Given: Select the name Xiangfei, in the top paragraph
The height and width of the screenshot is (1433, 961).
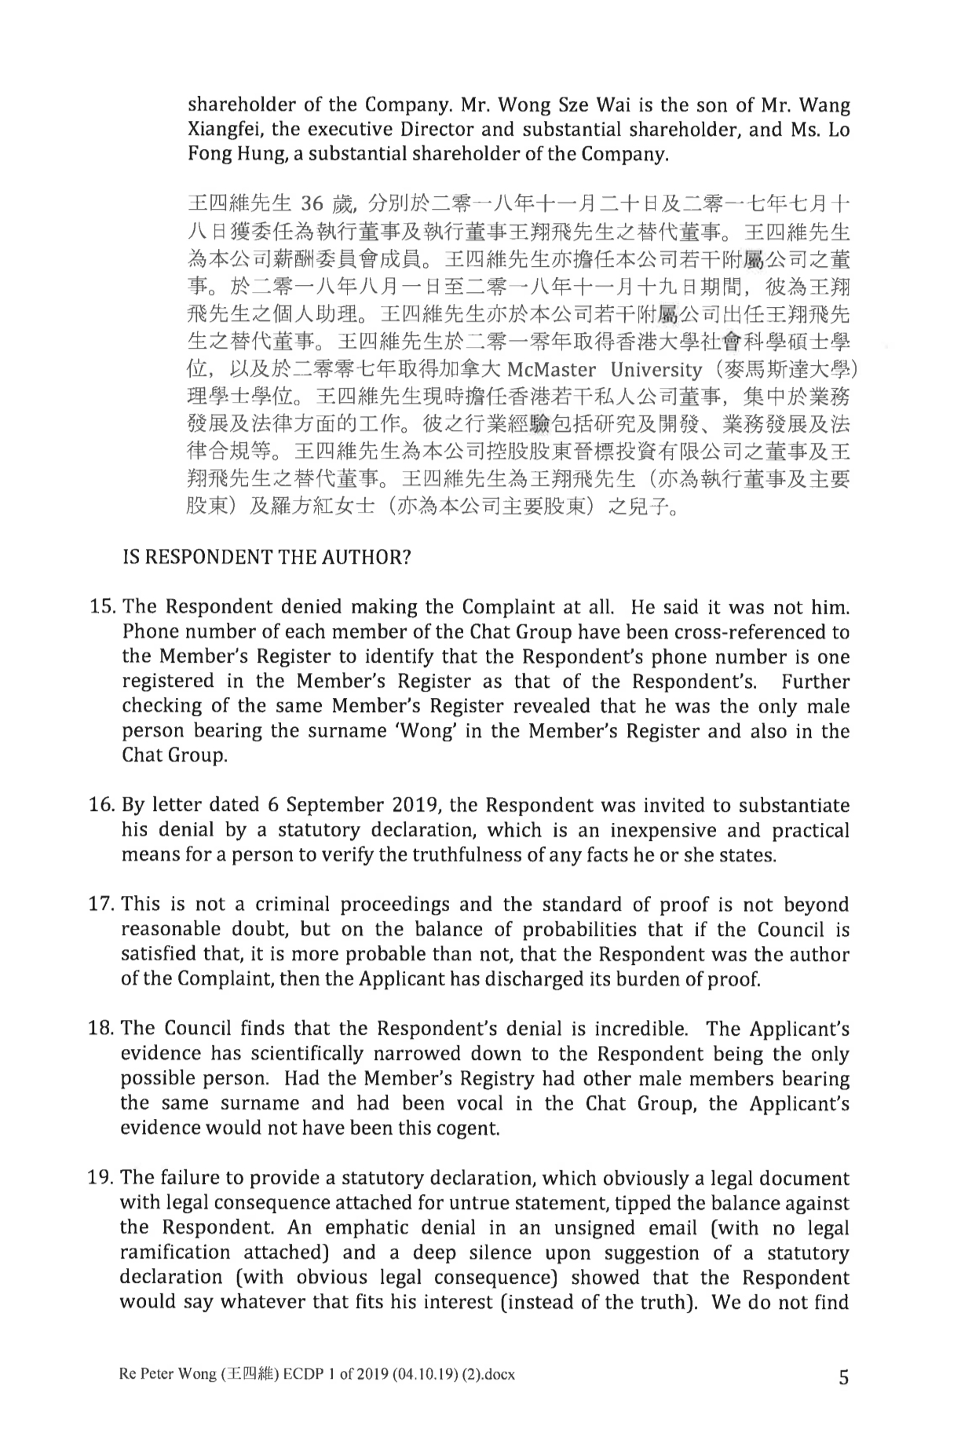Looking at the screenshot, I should click(x=225, y=130).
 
